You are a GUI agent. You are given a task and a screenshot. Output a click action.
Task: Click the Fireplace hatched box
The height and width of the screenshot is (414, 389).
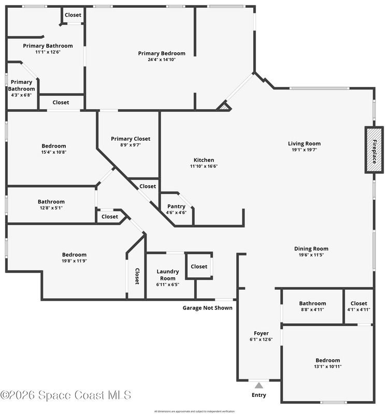point(374,150)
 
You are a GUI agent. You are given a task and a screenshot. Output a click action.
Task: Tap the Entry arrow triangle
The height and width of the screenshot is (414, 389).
point(259,386)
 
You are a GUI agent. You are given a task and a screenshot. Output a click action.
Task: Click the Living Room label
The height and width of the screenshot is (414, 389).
point(304,144)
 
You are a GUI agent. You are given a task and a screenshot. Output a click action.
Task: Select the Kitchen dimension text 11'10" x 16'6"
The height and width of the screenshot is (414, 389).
point(204,166)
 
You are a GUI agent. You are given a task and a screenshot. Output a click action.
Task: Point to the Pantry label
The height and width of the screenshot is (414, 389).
point(176,206)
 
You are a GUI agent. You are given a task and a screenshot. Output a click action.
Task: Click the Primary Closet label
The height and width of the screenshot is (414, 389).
point(131,139)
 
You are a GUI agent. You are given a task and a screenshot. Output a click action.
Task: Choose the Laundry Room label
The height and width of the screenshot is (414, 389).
point(168,275)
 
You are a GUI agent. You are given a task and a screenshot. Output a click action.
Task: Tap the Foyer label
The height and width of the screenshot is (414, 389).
point(261,333)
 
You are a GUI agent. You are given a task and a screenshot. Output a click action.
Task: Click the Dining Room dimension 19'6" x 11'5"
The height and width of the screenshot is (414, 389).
point(311,255)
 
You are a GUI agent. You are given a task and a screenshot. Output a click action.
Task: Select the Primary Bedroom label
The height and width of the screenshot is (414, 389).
point(162,53)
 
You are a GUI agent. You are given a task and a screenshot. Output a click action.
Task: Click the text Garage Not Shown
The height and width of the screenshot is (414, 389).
point(207,308)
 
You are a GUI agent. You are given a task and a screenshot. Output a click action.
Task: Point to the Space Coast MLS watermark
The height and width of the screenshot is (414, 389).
point(66,395)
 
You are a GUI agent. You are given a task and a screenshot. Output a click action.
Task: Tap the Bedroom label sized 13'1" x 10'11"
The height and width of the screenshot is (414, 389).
point(328,360)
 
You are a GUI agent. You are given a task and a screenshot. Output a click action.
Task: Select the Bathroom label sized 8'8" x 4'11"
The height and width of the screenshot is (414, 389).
point(313,303)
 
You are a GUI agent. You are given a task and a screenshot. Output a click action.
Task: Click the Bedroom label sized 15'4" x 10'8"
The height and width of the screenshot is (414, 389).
point(54,146)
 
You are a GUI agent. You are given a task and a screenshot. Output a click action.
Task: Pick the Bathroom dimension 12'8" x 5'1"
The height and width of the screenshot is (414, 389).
point(51,208)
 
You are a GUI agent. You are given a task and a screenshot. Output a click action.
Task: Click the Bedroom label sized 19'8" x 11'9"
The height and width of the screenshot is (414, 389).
point(74,255)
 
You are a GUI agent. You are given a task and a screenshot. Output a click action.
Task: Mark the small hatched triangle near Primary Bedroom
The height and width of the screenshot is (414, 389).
point(225,107)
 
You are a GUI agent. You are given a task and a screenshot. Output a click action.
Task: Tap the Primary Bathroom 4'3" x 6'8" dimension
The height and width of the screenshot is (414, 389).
point(21,95)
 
